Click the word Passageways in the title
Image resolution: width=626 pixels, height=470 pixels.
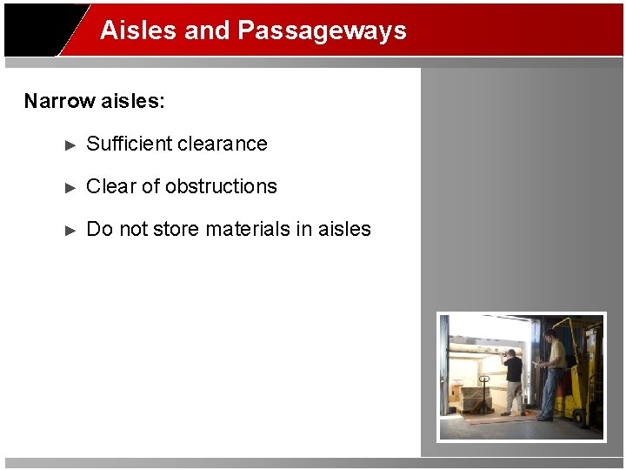[x=322, y=30]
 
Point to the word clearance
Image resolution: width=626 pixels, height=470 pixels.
[x=224, y=144]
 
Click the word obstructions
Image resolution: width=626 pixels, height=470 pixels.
[x=221, y=186]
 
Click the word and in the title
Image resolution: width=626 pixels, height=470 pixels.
[x=207, y=30]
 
